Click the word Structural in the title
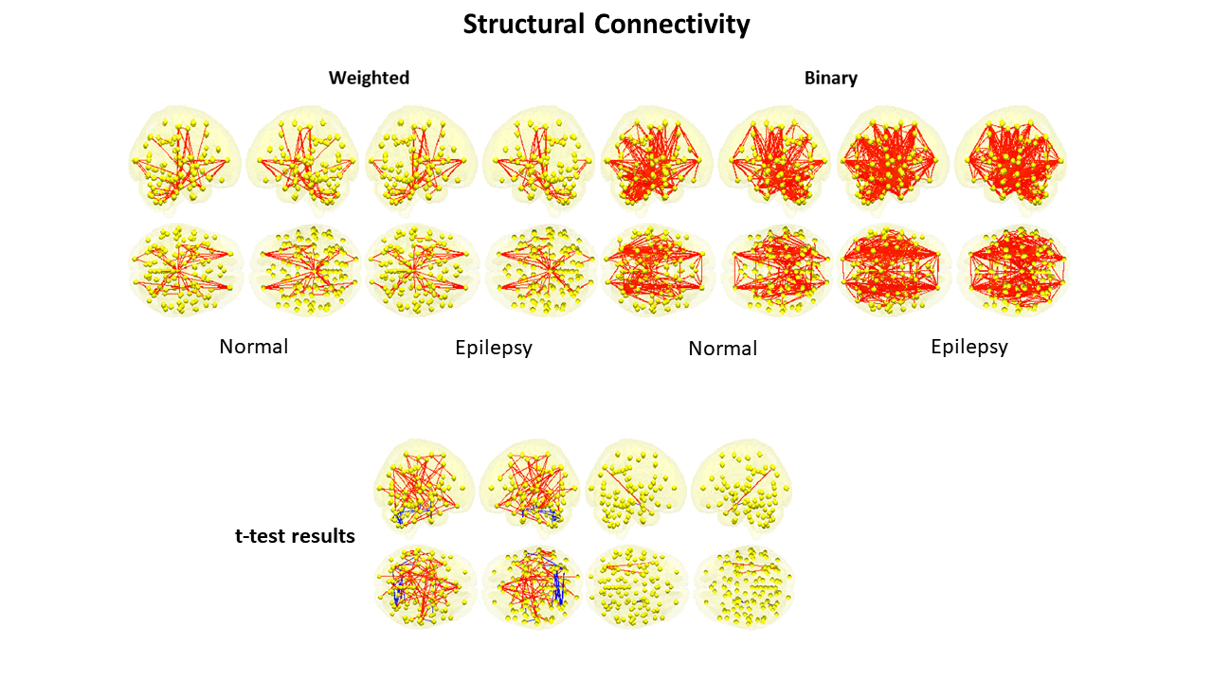point(524,25)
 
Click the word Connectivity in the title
point(672,25)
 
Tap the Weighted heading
point(369,78)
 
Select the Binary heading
point(831,78)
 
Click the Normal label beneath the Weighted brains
point(253,347)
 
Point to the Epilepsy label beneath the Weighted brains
point(493,348)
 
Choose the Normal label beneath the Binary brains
point(722,349)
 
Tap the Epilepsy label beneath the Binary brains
point(969,347)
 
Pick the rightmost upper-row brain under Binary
point(1010,158)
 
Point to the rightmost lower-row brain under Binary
point(1012,270)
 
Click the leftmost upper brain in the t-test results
point(424,486)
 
